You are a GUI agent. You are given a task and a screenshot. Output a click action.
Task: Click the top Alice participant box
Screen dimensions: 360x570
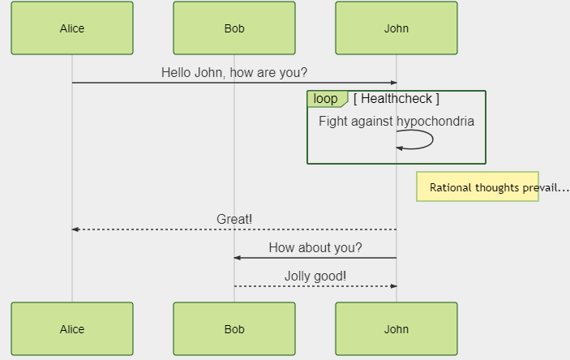72,28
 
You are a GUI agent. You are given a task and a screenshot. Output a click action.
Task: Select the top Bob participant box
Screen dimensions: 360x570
234,28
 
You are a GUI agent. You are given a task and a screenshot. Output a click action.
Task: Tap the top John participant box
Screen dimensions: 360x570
396,28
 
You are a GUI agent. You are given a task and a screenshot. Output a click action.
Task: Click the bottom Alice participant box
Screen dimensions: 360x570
72,329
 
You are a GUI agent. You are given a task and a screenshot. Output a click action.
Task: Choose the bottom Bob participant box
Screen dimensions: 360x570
234,329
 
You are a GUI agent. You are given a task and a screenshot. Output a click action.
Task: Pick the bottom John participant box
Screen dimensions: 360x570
396,329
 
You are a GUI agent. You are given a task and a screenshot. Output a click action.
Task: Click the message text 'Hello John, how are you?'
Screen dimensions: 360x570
234,72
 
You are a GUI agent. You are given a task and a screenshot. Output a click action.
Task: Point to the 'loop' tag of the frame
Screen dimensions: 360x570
326,99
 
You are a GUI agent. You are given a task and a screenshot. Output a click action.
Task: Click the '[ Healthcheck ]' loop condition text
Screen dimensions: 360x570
396,99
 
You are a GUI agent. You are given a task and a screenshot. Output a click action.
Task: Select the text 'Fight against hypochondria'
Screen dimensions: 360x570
396,122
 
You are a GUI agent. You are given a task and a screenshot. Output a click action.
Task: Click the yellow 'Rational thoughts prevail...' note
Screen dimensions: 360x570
478,186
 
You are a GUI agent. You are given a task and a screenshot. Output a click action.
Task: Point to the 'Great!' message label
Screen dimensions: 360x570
234,219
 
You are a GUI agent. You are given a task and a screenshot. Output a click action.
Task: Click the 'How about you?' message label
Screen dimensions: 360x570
315,247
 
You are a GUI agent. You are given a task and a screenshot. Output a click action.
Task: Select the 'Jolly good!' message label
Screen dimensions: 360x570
315,276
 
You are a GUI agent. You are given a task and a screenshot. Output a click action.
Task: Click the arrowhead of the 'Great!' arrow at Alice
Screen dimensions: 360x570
75,229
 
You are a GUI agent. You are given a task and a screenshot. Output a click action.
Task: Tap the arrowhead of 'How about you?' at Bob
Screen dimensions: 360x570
238,258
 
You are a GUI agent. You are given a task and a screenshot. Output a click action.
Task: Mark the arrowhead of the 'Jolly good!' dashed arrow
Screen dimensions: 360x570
393,286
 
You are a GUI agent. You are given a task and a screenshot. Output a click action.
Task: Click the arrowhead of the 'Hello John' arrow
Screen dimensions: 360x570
393,83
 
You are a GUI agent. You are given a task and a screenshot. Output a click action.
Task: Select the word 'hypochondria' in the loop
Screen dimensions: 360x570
435,122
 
